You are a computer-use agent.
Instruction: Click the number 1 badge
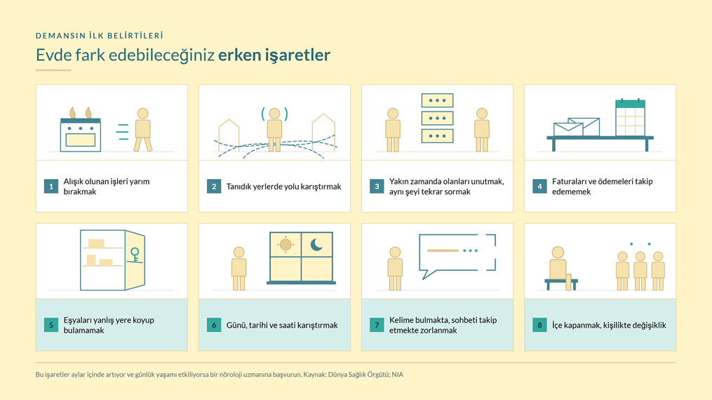pyautogui.click(x=51, y=186)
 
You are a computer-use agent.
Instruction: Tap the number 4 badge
pyautogui.click(x=539, y=186)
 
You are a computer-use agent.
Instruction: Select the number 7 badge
pyautogui.click(x=377, y=325)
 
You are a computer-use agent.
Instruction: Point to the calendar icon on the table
pyautogui.click(x=630, y=118)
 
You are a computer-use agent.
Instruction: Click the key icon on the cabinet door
pyautogui.click(x=135, y=255)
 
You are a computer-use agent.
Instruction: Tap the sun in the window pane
pyautogui.click(x=286, y=245)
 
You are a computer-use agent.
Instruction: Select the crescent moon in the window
pyautogui.click(x=316, y=245)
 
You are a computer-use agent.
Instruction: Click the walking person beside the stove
pyautogui.click(x=143, y=130)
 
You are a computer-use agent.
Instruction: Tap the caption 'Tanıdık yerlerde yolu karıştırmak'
pyautogui.click(x=284, y=187)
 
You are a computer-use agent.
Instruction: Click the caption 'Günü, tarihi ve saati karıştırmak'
pyautogui.click(x=282, y=325)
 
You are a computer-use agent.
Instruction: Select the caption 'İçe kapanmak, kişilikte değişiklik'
pyautogui.click(x=609, y=325)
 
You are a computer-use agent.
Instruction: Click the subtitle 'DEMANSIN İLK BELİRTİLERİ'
pyautogui.click(x=100, y=35)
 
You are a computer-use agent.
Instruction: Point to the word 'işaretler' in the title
pyautogui.click(x=297, y=55)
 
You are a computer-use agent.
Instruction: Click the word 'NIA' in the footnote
pyautogui.click(x=397, y=375)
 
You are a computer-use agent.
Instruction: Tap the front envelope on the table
pyautogui.click(x=568, y=129)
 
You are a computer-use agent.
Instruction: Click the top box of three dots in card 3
pyautogui.click(x=437, y=100)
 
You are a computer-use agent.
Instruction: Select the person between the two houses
pyautogui.click(x=274, y=129)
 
